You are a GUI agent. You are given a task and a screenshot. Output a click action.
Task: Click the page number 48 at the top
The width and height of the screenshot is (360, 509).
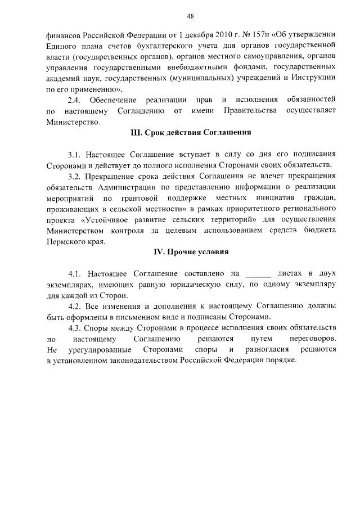click(x=191, y=16)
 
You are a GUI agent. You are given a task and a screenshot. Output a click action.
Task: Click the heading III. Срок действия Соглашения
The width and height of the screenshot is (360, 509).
click(x=190, y=133)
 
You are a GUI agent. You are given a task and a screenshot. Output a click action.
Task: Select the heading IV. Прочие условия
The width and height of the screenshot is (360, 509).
click(x=191, y=251)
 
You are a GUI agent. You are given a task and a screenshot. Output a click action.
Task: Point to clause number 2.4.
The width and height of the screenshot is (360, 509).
click(x=75, y=100)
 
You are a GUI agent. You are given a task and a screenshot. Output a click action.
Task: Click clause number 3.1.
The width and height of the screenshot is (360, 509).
click(x=75, y=154)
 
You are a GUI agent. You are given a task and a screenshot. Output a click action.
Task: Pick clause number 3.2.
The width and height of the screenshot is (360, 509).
click(x=75, y=176)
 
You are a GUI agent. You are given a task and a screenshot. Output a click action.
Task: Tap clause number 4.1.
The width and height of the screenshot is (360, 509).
click(x=76, y=273)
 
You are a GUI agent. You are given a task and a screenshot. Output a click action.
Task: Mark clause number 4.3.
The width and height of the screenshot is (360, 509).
click(x=75, y=328)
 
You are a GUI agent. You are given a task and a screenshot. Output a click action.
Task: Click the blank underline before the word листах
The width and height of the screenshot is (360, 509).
click(x=259, y=274)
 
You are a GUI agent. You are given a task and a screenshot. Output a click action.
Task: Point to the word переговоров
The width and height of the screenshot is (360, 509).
click(x=311, y=339)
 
